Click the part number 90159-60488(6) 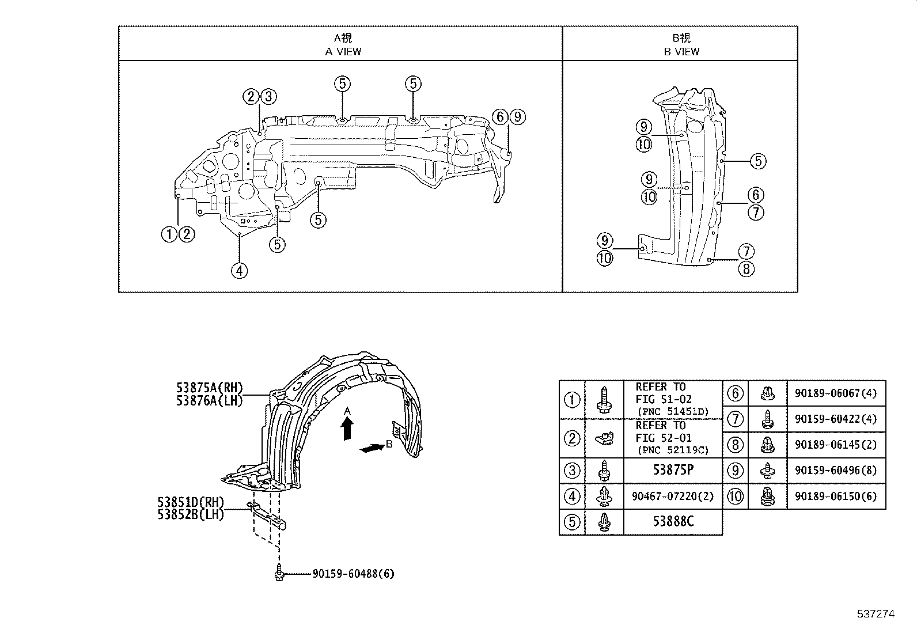click(354, 574)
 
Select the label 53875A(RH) click(210, 388)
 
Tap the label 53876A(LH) click(210, 400)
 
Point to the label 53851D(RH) click(191, 502)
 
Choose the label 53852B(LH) click(191, 514)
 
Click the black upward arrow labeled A click(347, 429)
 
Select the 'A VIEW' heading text click(343, 51)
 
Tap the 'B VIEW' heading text click(681, 51)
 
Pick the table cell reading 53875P click(673, 470)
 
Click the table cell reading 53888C click(673, 522)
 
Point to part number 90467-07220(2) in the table click(673, 496)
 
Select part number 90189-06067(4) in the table click(836, 393)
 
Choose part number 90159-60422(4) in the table click(836, 419)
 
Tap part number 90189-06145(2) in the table click(836, 445)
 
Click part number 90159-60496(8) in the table click(836, 470)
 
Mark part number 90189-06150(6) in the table click(836, 496)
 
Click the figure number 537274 click(876, 614)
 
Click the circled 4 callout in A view click(239, 270)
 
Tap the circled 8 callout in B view click(746, 268)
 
